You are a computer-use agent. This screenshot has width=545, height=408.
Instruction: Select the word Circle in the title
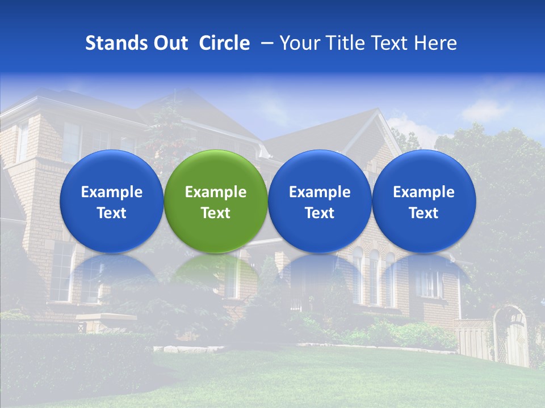point(224,43)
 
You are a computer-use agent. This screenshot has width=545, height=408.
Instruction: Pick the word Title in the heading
point(343,43)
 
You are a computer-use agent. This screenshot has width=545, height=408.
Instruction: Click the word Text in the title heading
point(389,43)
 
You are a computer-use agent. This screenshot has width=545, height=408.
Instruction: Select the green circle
point(215,201)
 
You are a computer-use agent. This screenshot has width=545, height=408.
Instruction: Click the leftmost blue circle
point(111,201)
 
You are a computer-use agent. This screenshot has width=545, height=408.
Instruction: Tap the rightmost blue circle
point(424,201)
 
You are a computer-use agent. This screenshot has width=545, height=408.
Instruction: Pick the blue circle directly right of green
point(320,201)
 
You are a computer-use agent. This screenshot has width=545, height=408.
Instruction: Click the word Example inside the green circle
point(215,192)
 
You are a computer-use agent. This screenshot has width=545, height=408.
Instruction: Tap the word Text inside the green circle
point(215,213)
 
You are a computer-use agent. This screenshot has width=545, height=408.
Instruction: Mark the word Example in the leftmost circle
point(111,192)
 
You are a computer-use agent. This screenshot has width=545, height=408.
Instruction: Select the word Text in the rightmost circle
point(424,213)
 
